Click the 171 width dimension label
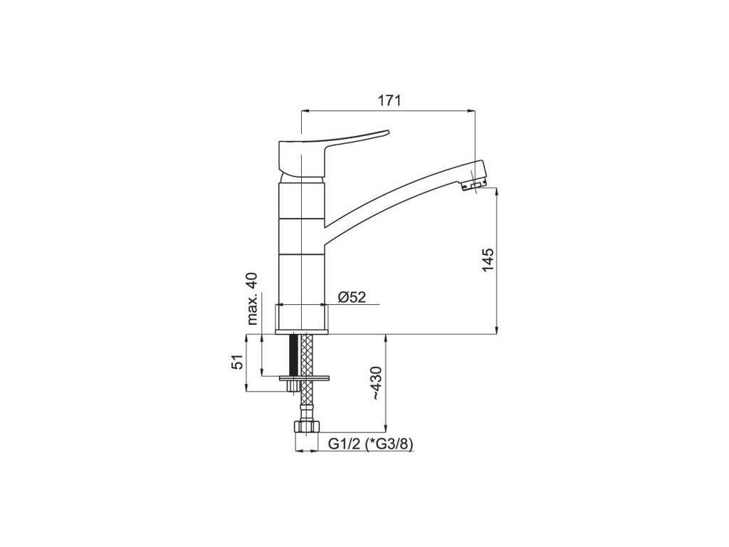coord(389,100)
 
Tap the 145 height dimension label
coord(488,261)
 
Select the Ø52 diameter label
coord(352,297)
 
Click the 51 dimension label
coord(238,362)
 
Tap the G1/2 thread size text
coord(344,444)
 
